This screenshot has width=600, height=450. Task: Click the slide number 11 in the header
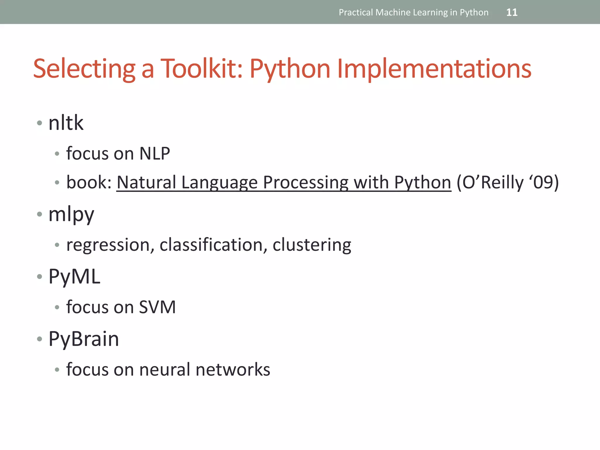(x=512, y=12)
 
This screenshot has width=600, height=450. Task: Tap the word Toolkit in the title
(x=202, y=69)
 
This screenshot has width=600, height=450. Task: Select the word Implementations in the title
(x=434, y=69)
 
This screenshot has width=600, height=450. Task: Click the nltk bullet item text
(x=66, y=123)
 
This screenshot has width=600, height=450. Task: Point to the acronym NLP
(x=155, y=153)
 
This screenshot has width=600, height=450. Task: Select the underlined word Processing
(x=306, y=183)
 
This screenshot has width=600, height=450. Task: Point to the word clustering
(x=312, y=245)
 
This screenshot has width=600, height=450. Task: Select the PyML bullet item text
(x=74, y=277)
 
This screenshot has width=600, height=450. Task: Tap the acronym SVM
(x=157, y=307)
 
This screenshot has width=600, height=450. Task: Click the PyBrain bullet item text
(x=84, y=339)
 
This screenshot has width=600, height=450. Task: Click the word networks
(x=233, y=369)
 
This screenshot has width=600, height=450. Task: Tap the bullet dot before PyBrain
(x=40, y=339)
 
